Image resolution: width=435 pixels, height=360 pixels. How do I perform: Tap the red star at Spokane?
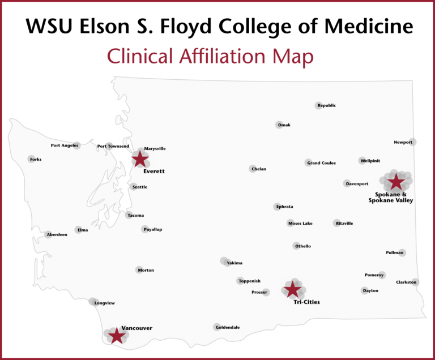395,182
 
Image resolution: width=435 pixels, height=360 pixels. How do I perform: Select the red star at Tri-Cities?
292,289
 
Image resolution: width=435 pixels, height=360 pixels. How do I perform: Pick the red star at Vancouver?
116,335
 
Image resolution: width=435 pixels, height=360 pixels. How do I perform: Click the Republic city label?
327,105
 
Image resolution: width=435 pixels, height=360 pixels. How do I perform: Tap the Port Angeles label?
64,145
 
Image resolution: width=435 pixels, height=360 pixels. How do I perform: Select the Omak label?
284,125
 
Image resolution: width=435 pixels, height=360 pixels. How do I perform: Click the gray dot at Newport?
412,142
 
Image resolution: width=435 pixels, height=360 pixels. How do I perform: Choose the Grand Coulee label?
321,163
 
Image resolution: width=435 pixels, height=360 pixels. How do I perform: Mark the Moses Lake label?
300,224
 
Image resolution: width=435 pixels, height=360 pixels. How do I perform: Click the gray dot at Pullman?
402,252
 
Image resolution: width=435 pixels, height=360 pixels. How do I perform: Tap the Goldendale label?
228,327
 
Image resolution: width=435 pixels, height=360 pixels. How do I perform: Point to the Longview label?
104,303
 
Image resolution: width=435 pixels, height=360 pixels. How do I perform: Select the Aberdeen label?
57,234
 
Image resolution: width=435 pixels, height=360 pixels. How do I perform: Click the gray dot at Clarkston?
415,281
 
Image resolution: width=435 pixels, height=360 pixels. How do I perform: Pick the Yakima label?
234,263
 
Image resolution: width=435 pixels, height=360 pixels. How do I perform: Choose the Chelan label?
258,169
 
